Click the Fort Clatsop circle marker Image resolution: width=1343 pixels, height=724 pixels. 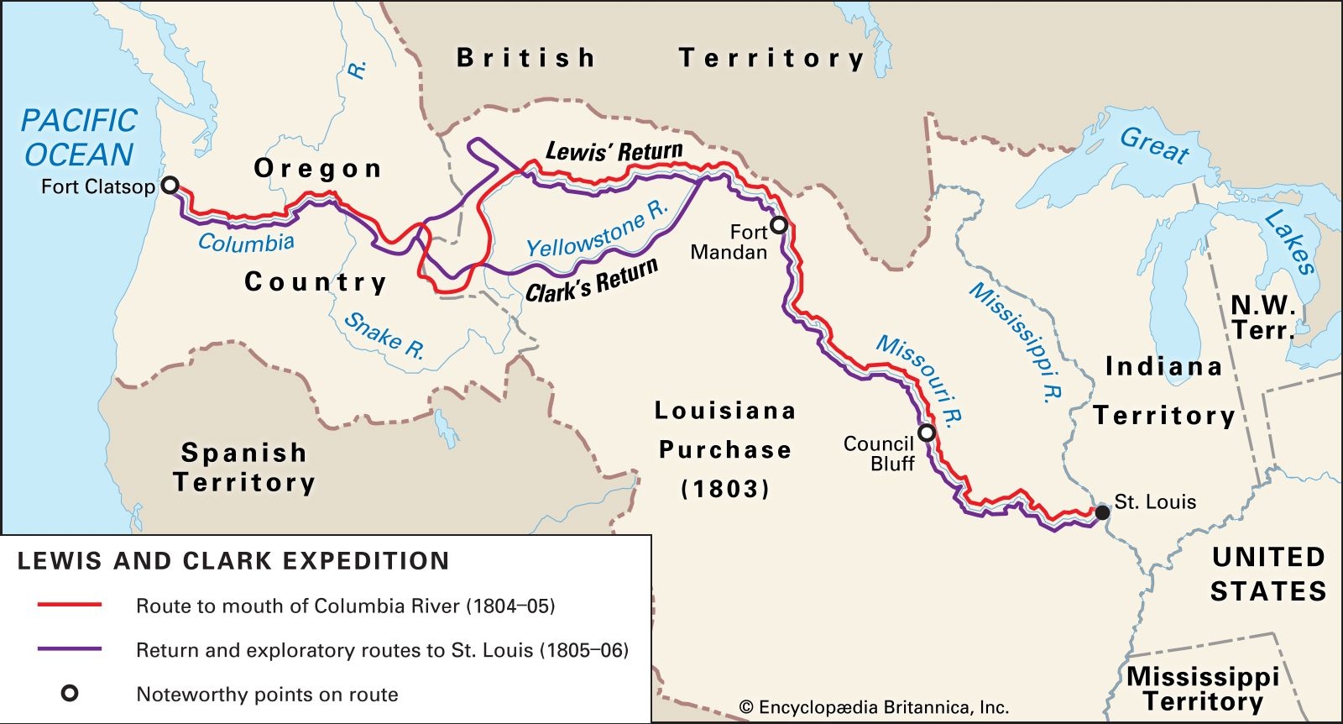point(170,186)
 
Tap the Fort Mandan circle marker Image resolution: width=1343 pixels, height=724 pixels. point(779,225)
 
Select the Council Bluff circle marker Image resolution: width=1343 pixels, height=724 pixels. point(927,433)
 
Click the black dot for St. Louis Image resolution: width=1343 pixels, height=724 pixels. point(1102,512)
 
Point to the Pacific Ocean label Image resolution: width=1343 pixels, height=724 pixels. point(78,137)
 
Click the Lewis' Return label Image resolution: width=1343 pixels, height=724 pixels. point(614,152)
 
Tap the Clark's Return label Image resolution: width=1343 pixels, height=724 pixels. point(592,281)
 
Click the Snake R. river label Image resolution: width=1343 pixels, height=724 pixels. point(384,336)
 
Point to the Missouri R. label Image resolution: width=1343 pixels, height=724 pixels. point(919,380)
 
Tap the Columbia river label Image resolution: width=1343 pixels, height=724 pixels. point(246,243)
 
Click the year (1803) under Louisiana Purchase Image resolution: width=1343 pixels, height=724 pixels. point(724,489)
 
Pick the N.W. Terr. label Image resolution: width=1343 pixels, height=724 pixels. point(1262,317)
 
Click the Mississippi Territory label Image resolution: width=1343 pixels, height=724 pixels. point(1202,689)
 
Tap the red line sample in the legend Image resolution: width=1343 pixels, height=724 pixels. point(70,605)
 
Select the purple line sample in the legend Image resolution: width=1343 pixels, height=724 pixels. point(70,649)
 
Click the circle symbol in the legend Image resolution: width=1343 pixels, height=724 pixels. point(70,694)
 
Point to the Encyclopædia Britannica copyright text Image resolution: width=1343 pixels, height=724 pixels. point(874,707)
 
